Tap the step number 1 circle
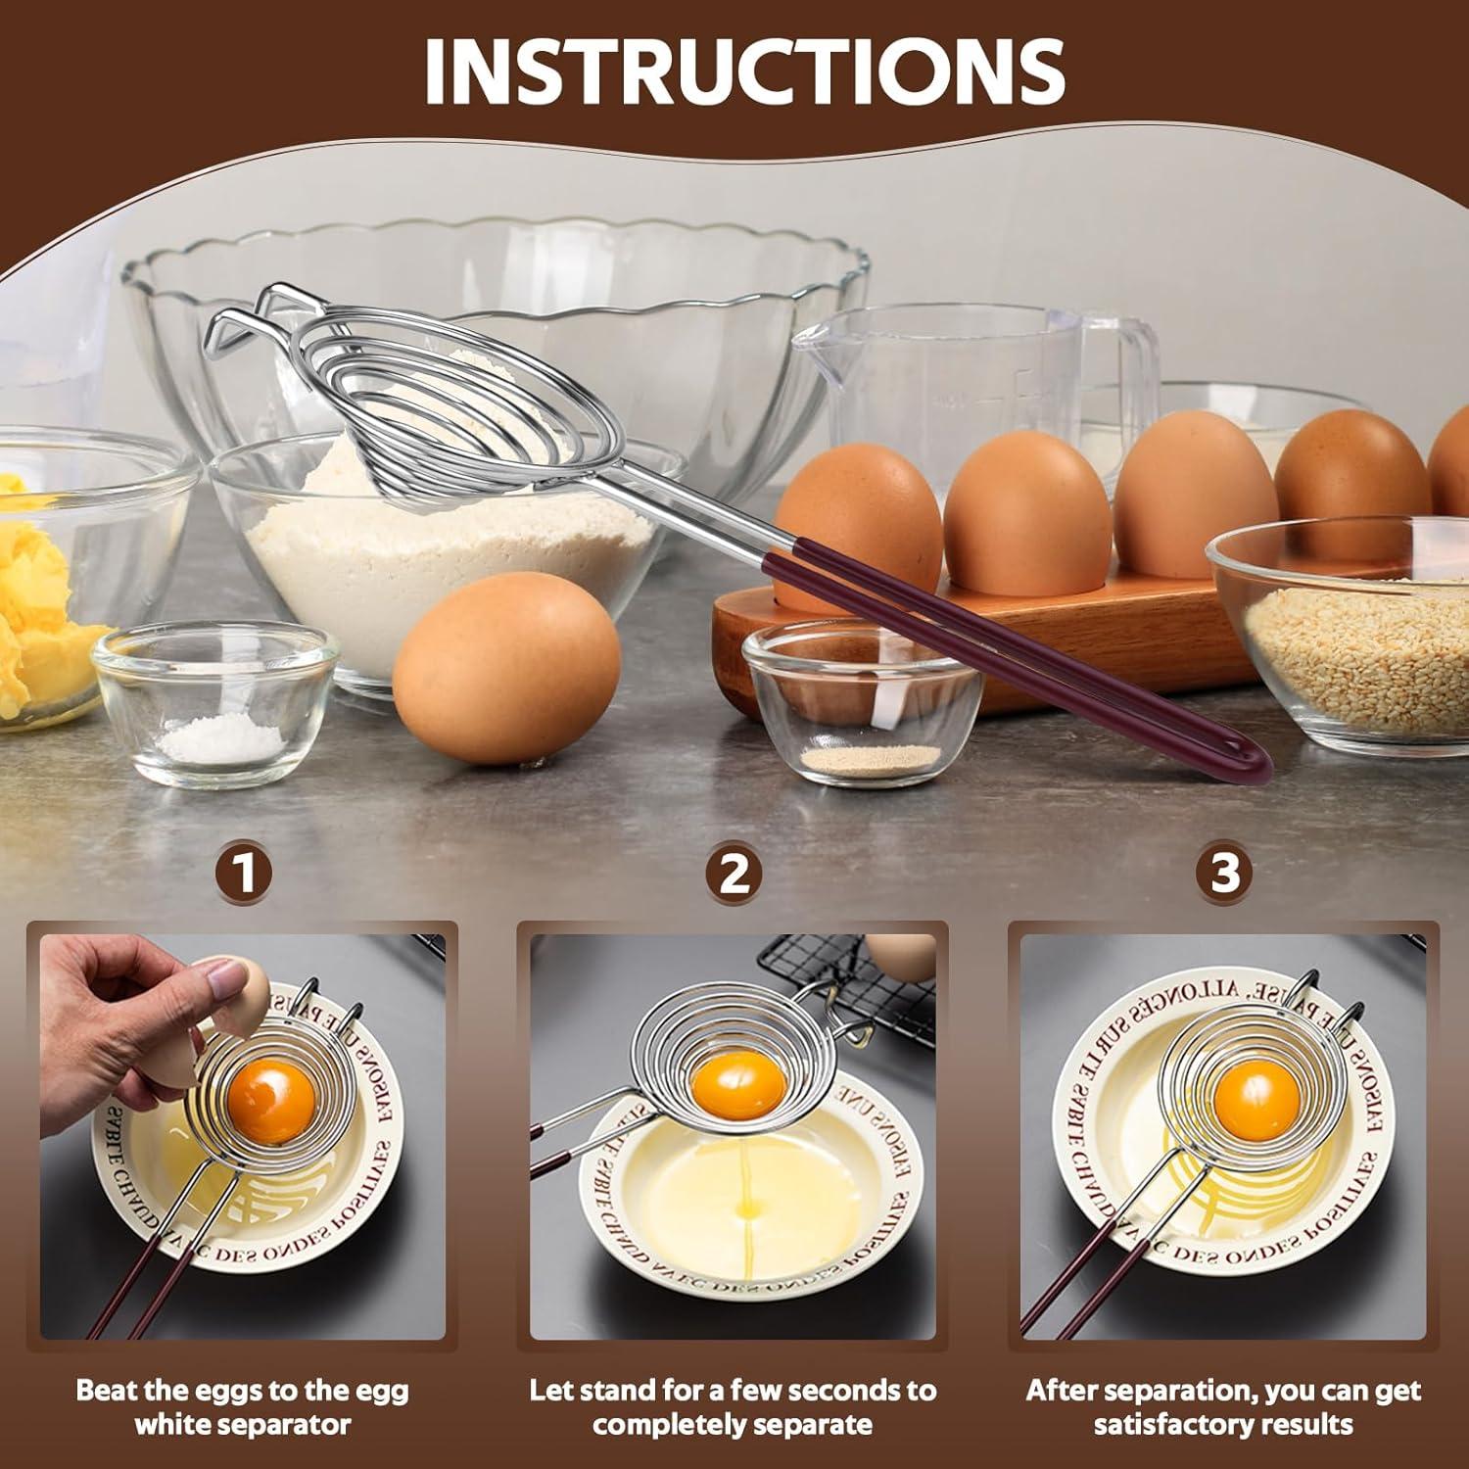(x=243, y=873)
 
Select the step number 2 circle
(x=734, y=873)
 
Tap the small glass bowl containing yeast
(x=862, y=710)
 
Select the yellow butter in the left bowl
(x=34, y=597)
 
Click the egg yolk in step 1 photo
(x=272, y=1104)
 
